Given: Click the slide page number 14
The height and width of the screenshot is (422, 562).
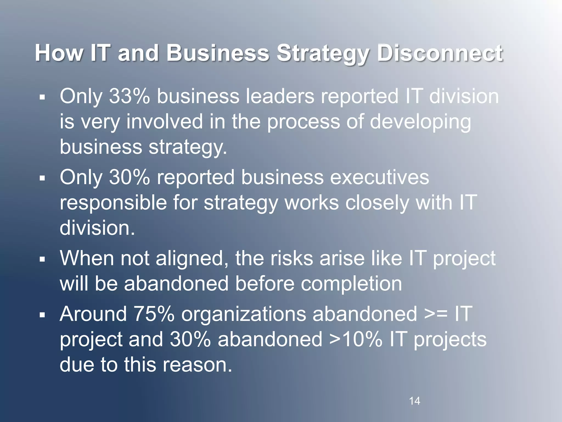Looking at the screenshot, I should (414, 401).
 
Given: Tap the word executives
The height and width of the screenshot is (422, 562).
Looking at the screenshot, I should (380, 177).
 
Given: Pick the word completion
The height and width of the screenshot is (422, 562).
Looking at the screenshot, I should (351, 284).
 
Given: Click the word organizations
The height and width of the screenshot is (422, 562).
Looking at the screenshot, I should (243, 314).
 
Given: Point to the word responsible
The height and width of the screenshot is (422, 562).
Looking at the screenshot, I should (113, 202).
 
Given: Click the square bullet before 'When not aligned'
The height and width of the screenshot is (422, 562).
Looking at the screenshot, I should (42, 259).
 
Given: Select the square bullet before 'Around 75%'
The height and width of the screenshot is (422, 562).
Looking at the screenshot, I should (42, 315).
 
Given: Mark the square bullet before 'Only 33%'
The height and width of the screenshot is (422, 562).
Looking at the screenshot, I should (42, 97).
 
